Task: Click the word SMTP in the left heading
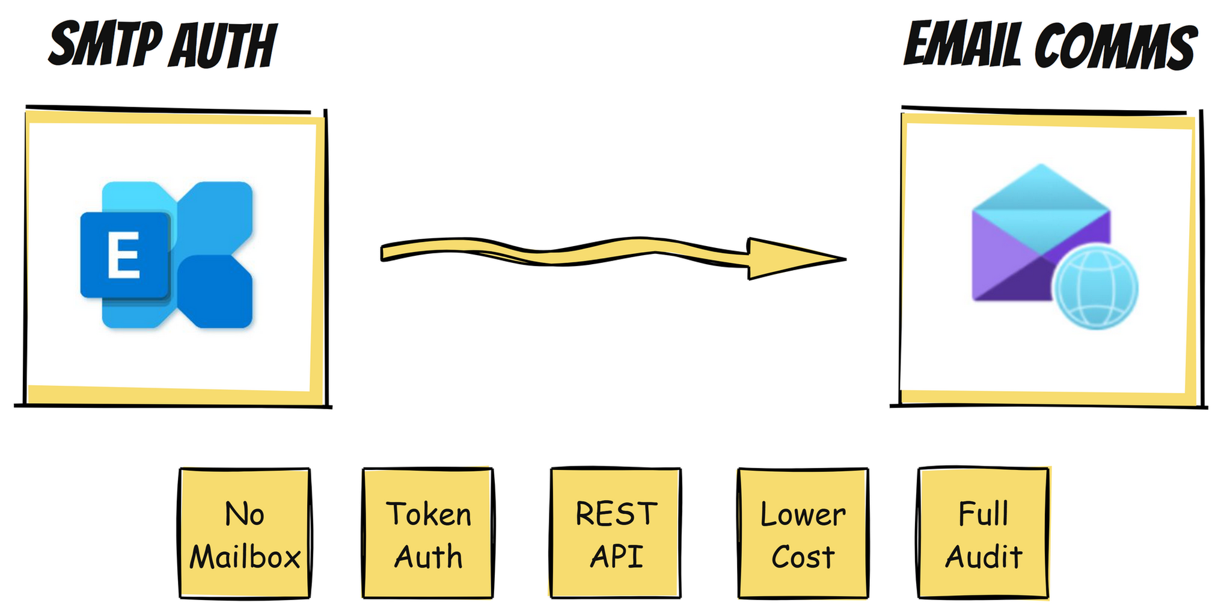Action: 105,46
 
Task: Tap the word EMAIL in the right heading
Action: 962,45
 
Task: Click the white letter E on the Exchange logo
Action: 124,255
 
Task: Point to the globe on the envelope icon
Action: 1096,287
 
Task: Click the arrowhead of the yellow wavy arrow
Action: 794,259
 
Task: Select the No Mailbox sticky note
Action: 245,534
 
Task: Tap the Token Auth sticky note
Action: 428,534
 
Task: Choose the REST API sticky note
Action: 616,534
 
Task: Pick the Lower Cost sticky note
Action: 803,534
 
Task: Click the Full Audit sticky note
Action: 984,534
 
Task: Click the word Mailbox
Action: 245,557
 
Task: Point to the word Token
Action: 428,515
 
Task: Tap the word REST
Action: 616,515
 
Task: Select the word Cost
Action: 803,557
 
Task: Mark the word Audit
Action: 984,557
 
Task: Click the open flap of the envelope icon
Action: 1041,190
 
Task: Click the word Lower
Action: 803,515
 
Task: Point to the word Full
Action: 984,515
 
